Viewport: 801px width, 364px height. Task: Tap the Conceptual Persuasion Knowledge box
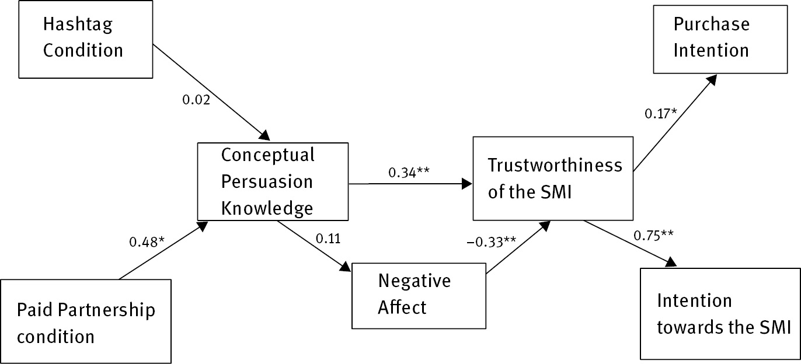pos(273,181)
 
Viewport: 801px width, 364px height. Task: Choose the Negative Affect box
pos(419,295)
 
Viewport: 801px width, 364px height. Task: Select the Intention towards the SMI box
pos(720,313)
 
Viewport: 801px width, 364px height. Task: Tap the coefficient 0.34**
pos(410,173)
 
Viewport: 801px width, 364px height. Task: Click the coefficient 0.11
pos(328,238)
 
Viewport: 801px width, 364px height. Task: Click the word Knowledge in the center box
pos(266,207)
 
